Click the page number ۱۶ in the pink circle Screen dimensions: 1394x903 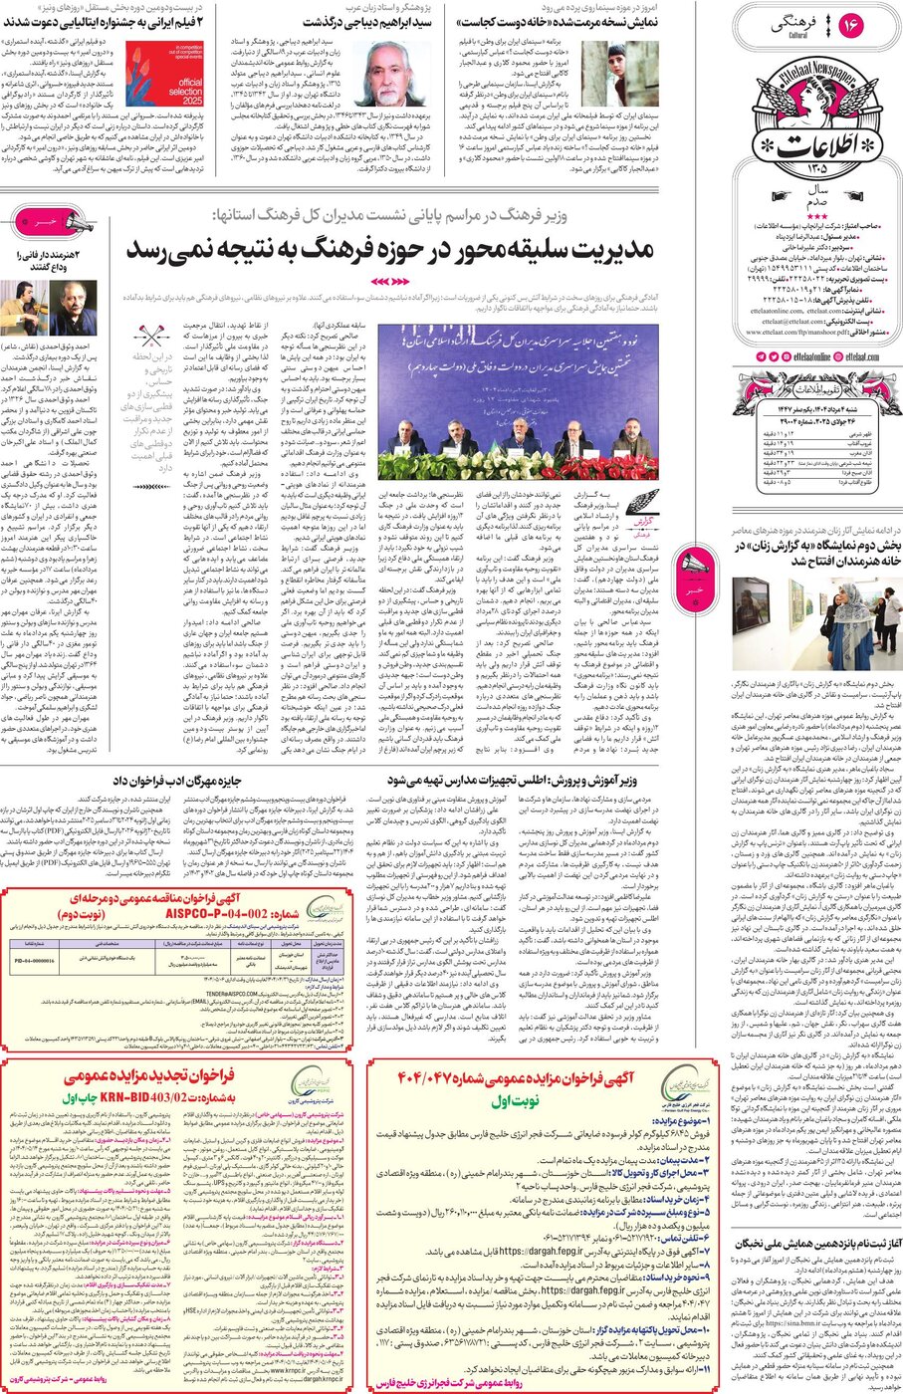[850, 27]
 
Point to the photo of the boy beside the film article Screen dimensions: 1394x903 [617, 73]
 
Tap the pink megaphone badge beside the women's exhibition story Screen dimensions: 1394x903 [693, 571]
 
